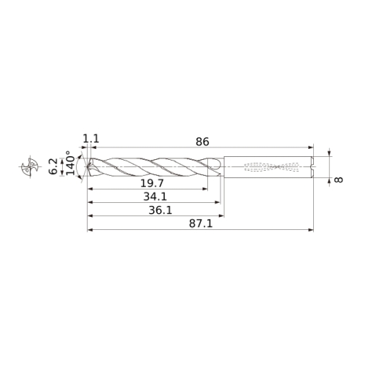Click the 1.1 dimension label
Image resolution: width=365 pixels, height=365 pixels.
(x=91, y=139)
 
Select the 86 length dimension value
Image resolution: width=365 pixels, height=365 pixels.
(x=202, y=142)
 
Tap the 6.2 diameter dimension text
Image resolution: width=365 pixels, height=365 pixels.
(x=53, y=166)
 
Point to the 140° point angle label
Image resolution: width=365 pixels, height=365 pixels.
(x=70, y=163)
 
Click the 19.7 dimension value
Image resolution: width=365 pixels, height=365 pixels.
(x=153, y=183)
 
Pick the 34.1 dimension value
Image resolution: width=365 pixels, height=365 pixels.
(x=155, y=196)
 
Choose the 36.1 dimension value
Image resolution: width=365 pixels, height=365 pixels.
(x=161, y=210)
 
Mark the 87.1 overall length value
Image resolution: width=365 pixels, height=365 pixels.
(x=201, y=224)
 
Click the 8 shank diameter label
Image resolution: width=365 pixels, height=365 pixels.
(x=339, y=180)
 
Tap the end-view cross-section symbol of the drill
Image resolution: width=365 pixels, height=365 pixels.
(x=30, y=166)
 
